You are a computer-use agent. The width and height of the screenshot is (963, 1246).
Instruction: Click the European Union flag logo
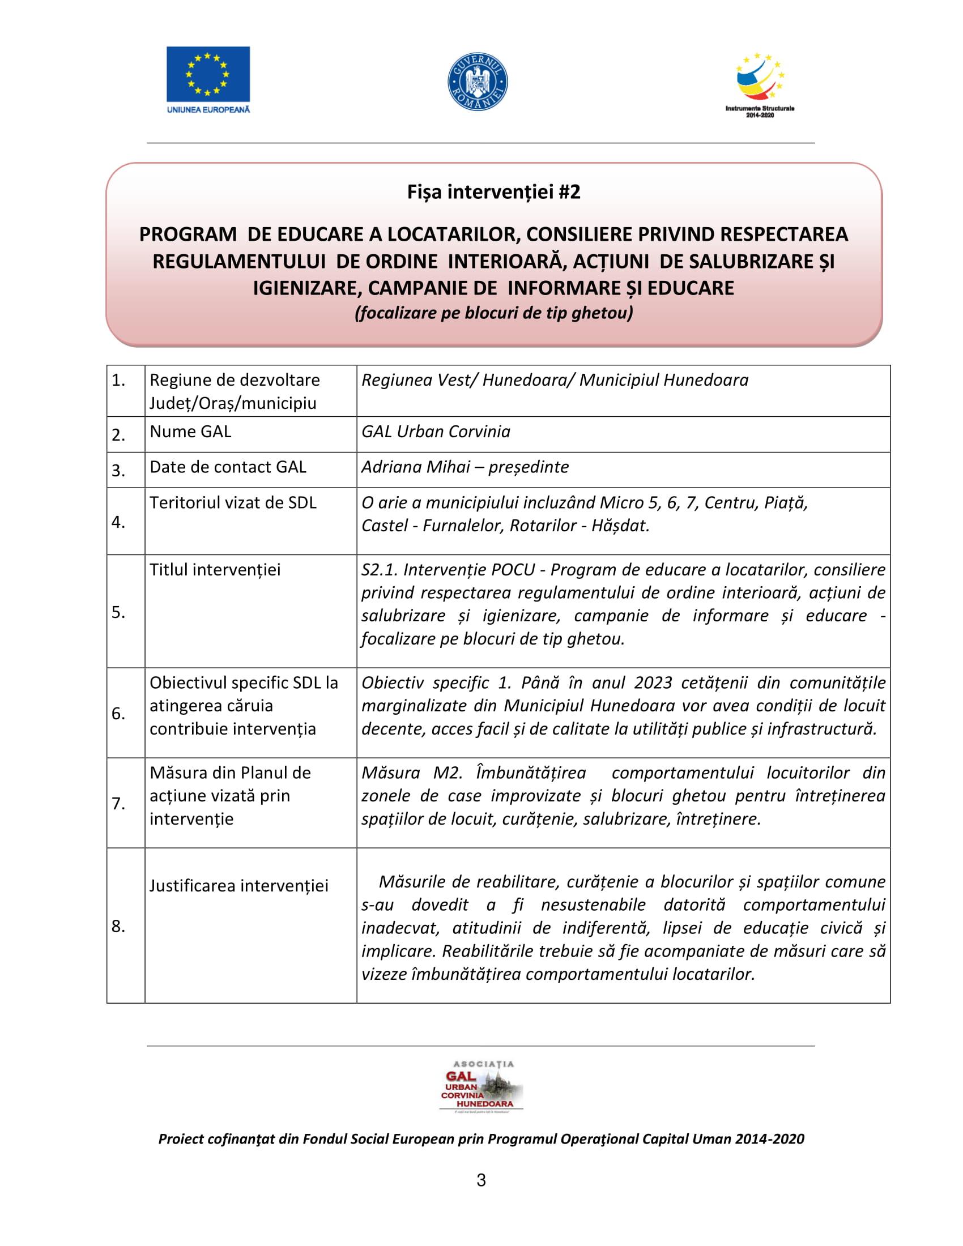coord(208,75)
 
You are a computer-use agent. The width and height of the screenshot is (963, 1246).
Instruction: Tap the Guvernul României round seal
coord(478,82)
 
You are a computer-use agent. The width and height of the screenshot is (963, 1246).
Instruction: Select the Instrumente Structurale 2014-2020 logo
coord(759,84)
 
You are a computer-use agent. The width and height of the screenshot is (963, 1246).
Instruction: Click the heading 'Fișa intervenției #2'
coord(493,191)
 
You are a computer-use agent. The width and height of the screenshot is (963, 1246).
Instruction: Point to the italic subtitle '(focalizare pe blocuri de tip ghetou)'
coord(493,313)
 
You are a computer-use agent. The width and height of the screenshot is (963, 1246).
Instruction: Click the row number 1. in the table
coord(118,380)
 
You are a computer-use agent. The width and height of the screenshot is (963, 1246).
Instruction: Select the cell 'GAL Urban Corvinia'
coord(436,432)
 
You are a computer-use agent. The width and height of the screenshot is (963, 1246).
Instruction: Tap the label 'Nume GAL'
coord(190,432)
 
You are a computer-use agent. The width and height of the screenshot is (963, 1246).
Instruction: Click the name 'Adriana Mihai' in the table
coord(416,467)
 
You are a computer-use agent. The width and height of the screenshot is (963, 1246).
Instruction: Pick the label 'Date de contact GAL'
coord(228,467)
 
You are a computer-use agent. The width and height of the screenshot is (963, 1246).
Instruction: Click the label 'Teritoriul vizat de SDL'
coord(233,502)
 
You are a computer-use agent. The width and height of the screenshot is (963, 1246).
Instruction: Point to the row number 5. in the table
coord(118,612)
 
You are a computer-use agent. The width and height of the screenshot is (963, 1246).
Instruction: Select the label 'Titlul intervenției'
coord(215,569)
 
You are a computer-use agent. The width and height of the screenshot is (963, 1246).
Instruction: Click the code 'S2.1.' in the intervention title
coord(380,569)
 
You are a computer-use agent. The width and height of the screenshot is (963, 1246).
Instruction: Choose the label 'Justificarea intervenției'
coord(239,885)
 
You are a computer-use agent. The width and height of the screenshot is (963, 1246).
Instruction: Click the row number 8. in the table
coord(118,926)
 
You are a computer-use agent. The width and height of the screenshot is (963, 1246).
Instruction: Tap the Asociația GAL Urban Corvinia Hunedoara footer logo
coord(481,1087)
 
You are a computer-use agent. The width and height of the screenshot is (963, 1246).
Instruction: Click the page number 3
coord(481,1180)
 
